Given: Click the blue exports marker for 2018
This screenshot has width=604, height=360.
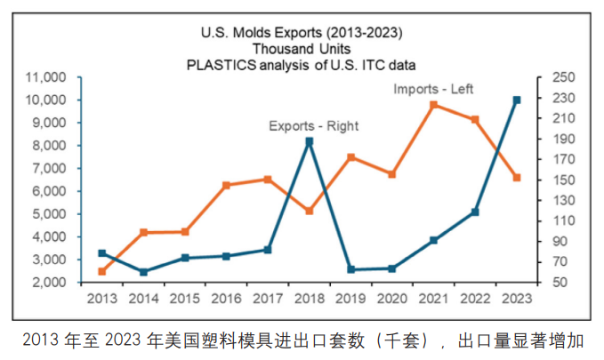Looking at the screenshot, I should tap(309, 141).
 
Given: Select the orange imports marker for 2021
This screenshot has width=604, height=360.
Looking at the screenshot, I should tap(433, 105).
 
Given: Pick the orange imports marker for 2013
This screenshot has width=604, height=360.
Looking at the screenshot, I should tap(101, 271).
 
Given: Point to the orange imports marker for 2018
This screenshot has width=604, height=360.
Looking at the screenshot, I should tap(309, 211).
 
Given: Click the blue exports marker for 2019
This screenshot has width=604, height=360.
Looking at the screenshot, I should tap(350, 269).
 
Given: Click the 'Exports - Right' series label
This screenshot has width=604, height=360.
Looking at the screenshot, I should tap(314, 126).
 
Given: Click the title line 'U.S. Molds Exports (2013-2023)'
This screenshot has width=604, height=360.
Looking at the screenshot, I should tap(302, 33).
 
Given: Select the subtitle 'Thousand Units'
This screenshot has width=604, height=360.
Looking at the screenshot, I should tap(302, 49).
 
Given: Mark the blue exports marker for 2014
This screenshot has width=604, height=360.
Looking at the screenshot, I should tap(143, 271).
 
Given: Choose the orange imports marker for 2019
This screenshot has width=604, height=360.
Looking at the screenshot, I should tap(350, 157).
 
